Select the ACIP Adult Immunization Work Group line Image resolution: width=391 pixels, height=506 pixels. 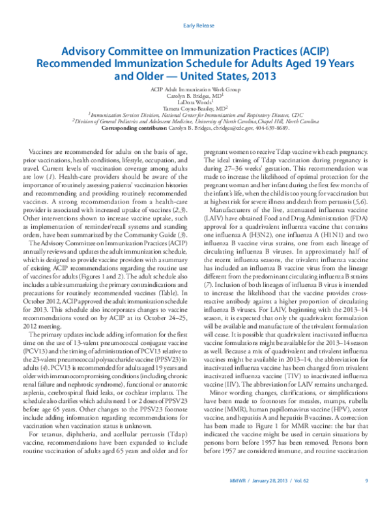(x=195, y=88)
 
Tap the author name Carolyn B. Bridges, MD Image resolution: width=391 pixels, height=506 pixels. (x=195, y=95)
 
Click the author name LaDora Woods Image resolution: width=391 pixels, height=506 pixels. (x=195, y=102)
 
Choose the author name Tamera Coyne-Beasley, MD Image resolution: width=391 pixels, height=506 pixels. (x=195, y=108)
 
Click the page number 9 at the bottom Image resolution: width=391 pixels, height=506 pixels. (x=367, y=481)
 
